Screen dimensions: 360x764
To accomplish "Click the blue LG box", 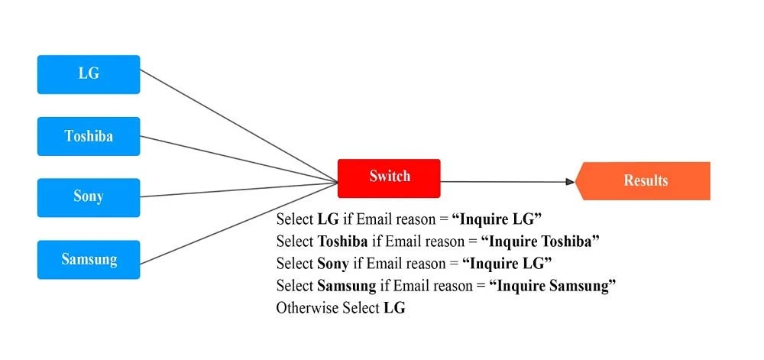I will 89,74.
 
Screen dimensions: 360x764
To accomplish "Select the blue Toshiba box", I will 89,136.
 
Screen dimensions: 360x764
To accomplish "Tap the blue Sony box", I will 89,197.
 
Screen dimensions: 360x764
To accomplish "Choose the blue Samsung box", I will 89,259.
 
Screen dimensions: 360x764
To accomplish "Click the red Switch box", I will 390,177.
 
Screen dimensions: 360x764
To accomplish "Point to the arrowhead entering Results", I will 569,182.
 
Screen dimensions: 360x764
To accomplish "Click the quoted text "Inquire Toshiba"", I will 539,242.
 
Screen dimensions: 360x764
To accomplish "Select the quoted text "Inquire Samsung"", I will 552,286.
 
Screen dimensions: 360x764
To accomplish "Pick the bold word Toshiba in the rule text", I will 342,242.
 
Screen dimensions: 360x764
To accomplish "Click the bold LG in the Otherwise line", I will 394,308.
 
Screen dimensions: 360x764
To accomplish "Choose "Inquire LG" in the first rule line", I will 497,219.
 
